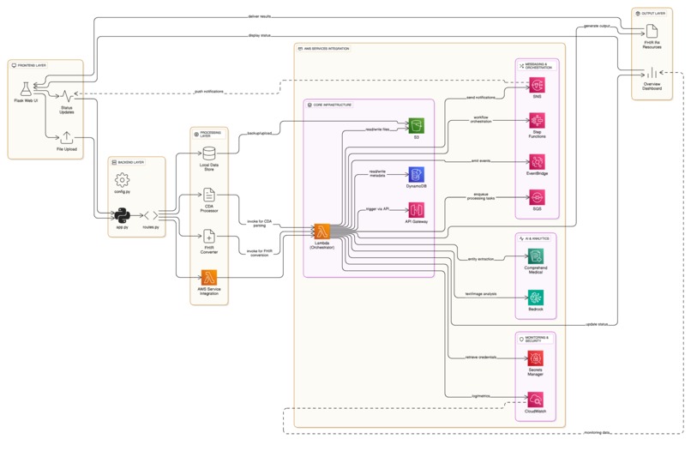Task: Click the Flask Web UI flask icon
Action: (x=28, y=88)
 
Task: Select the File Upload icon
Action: (x=67, y=137)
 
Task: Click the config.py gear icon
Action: (x=122, y=178)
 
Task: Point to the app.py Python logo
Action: (x=122, y=214)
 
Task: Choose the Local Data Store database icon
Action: (x=209, y=156)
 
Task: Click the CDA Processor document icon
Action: (x=209, y=195)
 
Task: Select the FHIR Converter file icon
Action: (x=209, y=236)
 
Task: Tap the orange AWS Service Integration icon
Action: (x=209, y=277)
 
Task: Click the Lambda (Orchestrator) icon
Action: (x=322, y=231)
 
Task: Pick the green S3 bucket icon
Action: (x=417, y=125)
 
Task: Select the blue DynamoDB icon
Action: (x=417, y=175)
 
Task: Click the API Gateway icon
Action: (x=417, y=210)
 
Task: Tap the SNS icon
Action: (x=537, y=84)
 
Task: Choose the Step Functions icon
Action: (x=537, y=121)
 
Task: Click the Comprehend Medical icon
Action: (x=537, y=256)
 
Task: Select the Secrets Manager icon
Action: (x=537, y=358)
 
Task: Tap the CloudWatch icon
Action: (x=537, y=399)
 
